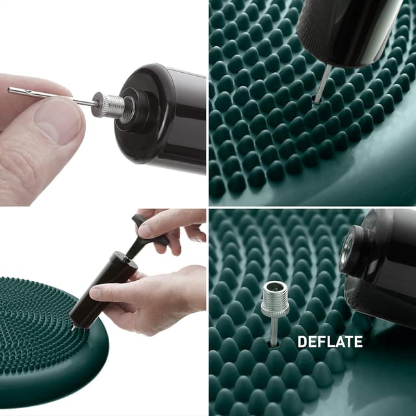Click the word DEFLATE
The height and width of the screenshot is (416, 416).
click(330, 342)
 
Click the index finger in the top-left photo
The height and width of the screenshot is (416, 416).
click(32, 84)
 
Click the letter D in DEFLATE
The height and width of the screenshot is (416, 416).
click(302, 342)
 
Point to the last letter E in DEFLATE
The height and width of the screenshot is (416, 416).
click(358, 342)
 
